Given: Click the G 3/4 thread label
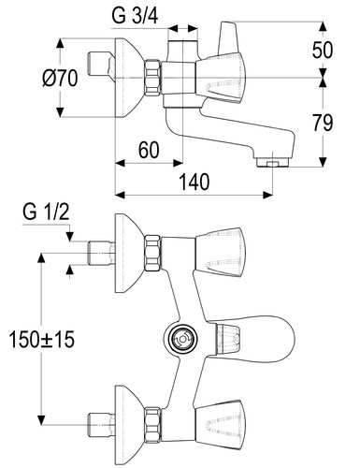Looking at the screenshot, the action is [135, 16].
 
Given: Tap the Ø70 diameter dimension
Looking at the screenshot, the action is [60, 78].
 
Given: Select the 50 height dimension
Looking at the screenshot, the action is [323, 50].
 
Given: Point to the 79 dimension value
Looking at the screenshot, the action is [323, 123].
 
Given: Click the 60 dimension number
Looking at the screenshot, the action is [149, 150].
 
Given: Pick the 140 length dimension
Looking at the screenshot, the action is [194, 182].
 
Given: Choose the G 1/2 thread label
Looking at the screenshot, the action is [46, 212].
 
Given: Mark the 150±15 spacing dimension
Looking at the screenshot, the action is [42, 339].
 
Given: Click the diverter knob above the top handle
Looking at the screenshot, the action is [229, 37].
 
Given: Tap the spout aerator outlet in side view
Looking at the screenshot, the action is [273, 163].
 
